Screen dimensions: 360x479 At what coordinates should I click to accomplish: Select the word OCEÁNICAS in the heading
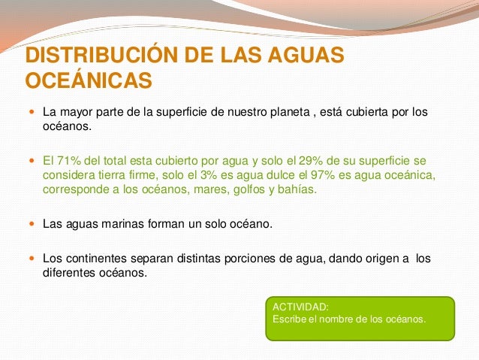[x=89, y=80]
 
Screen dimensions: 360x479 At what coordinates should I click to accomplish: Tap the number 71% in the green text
[x=68, y=160]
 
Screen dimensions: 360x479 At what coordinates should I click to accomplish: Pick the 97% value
[x=346, y=174]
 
